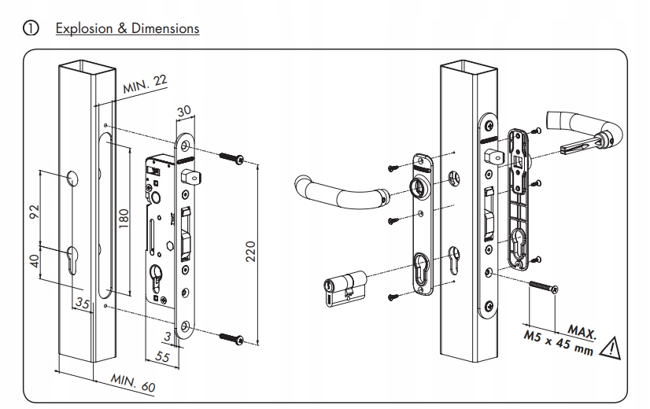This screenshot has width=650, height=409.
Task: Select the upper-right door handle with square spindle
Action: tap(586, 131)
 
